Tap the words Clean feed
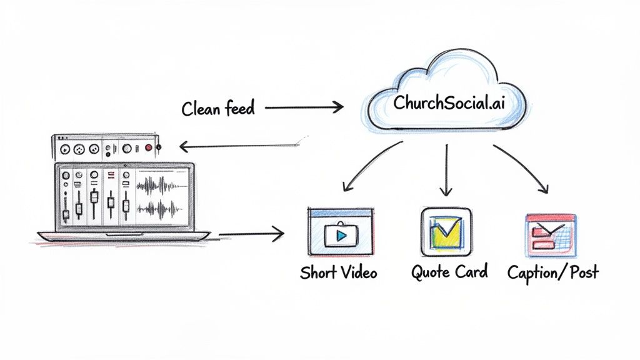click(x=218, y=109)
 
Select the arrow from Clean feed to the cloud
click(x=304, y=107)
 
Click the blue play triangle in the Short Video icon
click(x=341, y=236)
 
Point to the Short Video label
click(x=338, y=272)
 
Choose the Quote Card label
click(x=449, y=272)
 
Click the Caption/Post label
click(x=552, y=272)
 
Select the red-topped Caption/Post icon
click(x=551, y=234)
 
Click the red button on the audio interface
click(x=149, y=148)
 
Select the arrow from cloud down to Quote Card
click(x=446, y=170)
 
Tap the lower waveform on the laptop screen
click(x=161, y=210)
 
